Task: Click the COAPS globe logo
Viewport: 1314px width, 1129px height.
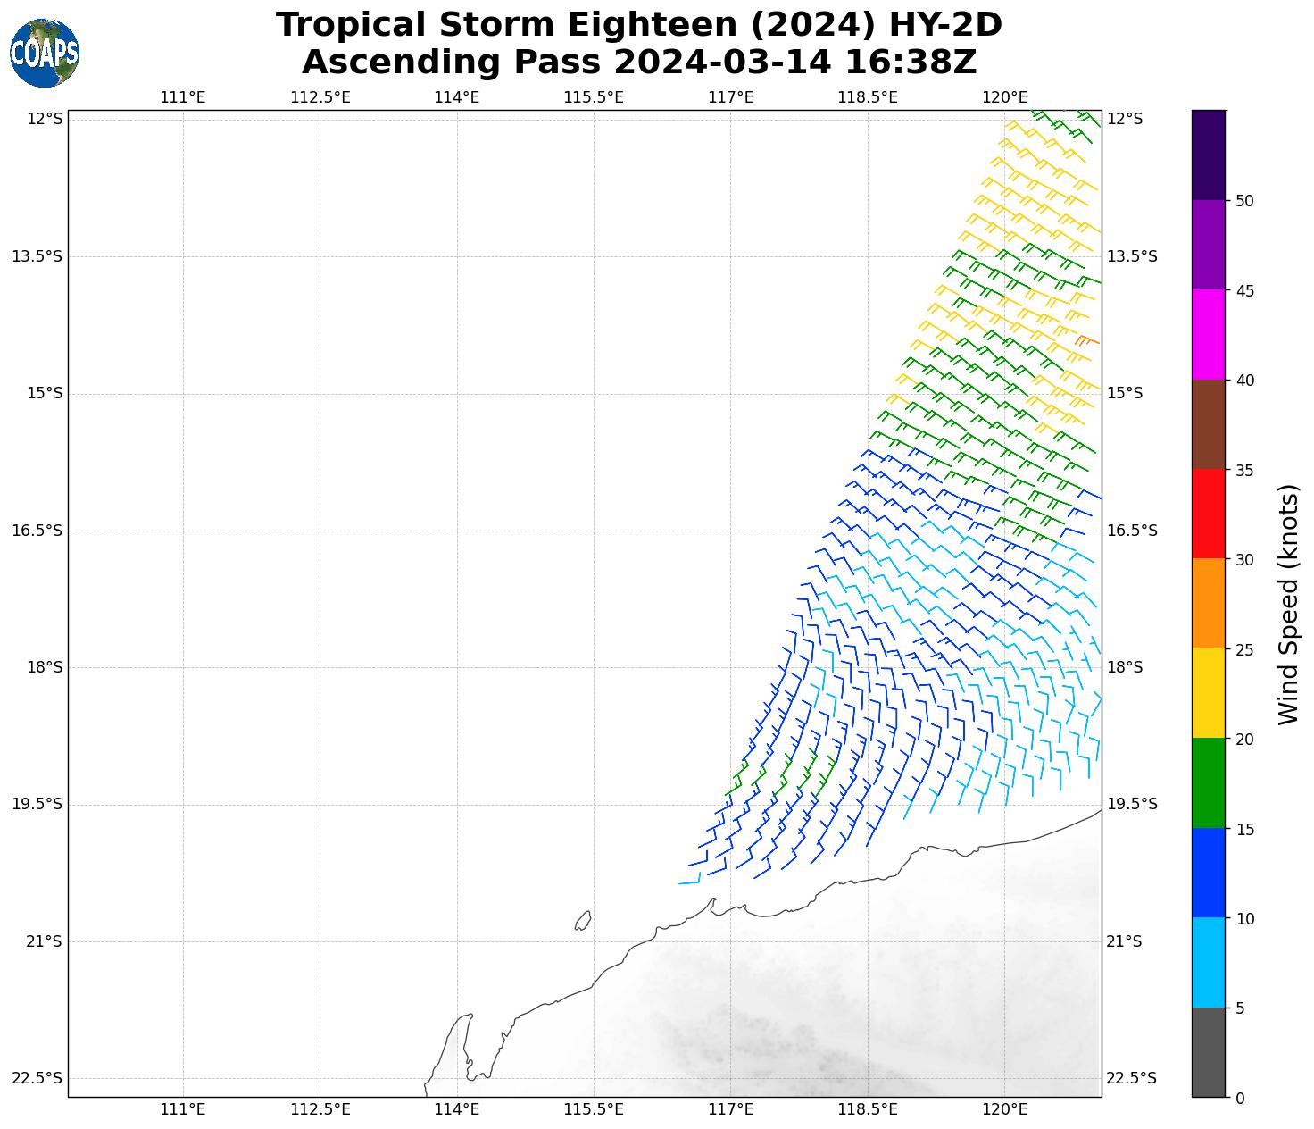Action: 45,54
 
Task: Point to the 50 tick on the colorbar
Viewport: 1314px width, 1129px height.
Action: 1244,201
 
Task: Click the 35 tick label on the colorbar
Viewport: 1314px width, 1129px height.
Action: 1244,471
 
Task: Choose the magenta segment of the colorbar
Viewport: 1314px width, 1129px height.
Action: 1209,335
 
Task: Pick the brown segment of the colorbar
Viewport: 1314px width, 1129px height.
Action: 1209,425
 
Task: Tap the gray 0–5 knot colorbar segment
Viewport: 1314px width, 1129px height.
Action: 1209,1052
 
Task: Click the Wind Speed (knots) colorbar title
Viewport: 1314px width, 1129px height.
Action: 1288,605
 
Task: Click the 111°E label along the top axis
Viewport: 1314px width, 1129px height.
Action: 183,97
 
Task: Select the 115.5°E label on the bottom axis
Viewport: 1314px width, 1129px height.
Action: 594,1109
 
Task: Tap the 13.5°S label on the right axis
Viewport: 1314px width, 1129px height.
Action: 1132,256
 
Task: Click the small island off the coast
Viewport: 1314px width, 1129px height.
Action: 583,920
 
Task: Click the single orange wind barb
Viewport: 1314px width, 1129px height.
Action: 1086,340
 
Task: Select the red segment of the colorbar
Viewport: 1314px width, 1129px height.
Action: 1209,514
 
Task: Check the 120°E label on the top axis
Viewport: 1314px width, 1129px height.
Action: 1004,97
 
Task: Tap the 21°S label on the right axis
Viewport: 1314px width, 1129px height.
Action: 1125,941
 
